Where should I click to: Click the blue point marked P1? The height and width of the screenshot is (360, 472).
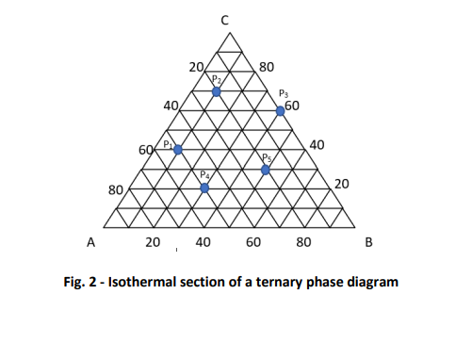[177, 149]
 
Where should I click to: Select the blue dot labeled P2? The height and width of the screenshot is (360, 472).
[217, 91]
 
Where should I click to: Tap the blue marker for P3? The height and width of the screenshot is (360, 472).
[280, 111]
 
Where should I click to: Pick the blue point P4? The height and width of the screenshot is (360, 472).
[204, 188]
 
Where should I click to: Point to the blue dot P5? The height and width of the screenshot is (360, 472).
[266, 170]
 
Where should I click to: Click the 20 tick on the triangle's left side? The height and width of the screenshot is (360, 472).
[196, 68]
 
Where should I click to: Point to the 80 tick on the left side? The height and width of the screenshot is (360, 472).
[117, 190]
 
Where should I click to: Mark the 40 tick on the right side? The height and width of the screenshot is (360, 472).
[317, 145]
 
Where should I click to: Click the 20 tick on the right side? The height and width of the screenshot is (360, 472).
[342, 184]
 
